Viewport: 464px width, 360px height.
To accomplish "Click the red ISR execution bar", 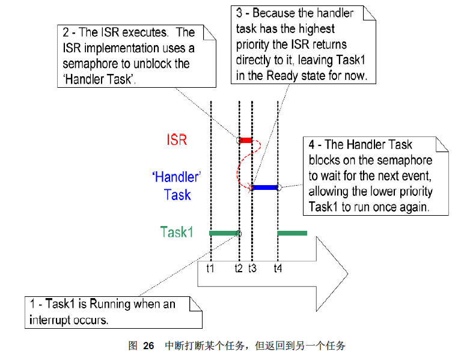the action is (246, 140).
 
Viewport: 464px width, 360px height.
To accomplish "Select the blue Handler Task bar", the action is (265, 188).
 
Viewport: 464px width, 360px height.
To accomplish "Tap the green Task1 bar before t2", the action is (224, 233).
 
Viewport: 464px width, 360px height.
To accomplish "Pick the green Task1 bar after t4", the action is (292, 233).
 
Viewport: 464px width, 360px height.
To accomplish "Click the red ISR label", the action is (177, 140).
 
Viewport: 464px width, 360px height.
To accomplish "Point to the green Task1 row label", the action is (177, 232).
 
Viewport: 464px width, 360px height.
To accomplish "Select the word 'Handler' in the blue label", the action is (174, 177).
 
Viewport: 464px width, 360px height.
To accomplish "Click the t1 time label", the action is (210, 269).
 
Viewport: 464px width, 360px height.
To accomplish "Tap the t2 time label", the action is (239, 269).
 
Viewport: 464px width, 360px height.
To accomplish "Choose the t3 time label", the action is (252, 269).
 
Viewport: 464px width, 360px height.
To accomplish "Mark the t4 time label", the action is (278, 269).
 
